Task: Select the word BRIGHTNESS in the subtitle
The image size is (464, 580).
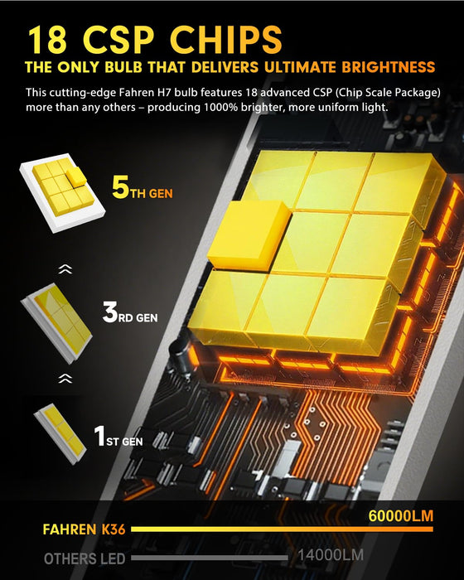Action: click(x=382, y=67)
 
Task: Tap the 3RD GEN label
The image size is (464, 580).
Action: click(x=140, y=314)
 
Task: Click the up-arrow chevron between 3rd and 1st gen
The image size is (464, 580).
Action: click(x=65, y=377)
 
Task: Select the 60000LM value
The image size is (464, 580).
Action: click(x=401, y=516)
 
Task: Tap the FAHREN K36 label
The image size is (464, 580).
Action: click(x=82, y=528)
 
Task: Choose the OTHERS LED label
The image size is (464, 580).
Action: click(x=85, y=558)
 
